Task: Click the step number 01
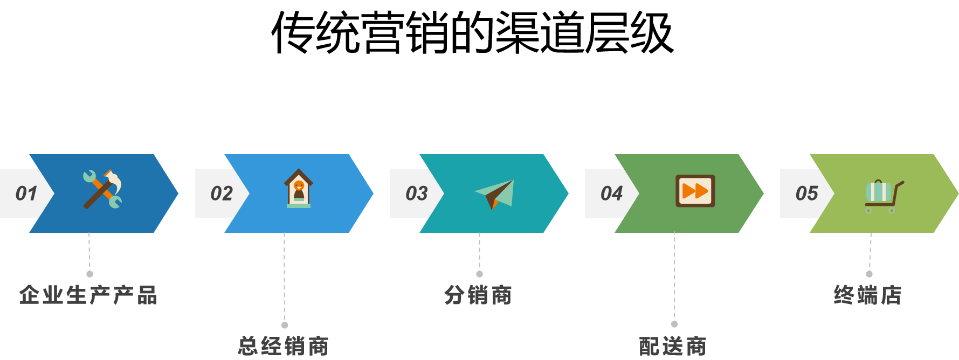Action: pyautogui.click(x=26, y=193)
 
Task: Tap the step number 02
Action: pyautogui.click(x=221, y=193)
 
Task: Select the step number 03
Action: pyautogui.click(x=416, y=193)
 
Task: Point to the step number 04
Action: pyautogui.click(x=611, y=193)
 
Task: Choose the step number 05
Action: pyautogui.click(x=806, y=193)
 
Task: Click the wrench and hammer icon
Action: pyautogui.click(x=102, y=189)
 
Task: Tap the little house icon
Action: pyautogui.click(x=299, y=189)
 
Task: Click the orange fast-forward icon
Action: pyautogui.click(x=695, y=191)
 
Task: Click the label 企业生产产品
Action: pyautogui.click(x=88, y=295)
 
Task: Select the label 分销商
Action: pyautogui.click(x=478, y=295)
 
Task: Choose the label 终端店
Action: pyautogui.click(x=868, y=295)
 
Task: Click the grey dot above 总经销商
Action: pyautogui.click(x=285, y=325)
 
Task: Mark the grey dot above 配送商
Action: pyautogui.click(x=674, y=324)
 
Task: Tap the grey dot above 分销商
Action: pyautogui.click(x=479, y=274)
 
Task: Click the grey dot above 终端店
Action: pyautogui.click(x=869, y=274)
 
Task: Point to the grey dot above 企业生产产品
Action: pyautogui.click(x=89, y=274)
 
